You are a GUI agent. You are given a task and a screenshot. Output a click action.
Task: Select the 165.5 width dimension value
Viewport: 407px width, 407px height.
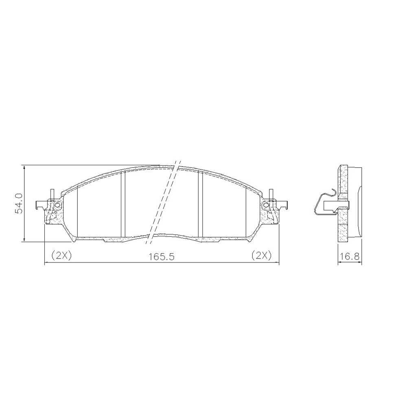pyautogui.click(x=162, y=257)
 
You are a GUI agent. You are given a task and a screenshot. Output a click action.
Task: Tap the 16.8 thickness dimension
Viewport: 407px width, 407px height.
pyautogui.click(x=350, y=257)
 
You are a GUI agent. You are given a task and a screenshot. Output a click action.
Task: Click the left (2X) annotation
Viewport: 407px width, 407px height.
pyautogui.click(x=61, y=256)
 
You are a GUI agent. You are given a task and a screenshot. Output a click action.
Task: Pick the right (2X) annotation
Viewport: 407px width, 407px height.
pyautogui.click(x=261, y=256)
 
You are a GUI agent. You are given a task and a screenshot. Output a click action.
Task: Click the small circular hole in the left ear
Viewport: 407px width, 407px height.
pyautogui.click(x=58, y=206)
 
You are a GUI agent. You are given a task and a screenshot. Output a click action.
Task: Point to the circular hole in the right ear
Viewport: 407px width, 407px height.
pyautogui.click(x=265, y=206)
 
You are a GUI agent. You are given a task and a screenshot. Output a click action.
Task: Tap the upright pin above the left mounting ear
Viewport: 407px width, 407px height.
pyautogui.click(x=53, y=195)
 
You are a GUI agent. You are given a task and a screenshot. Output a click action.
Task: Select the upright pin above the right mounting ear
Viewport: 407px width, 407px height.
pyautogui.click(x=271, y=195)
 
